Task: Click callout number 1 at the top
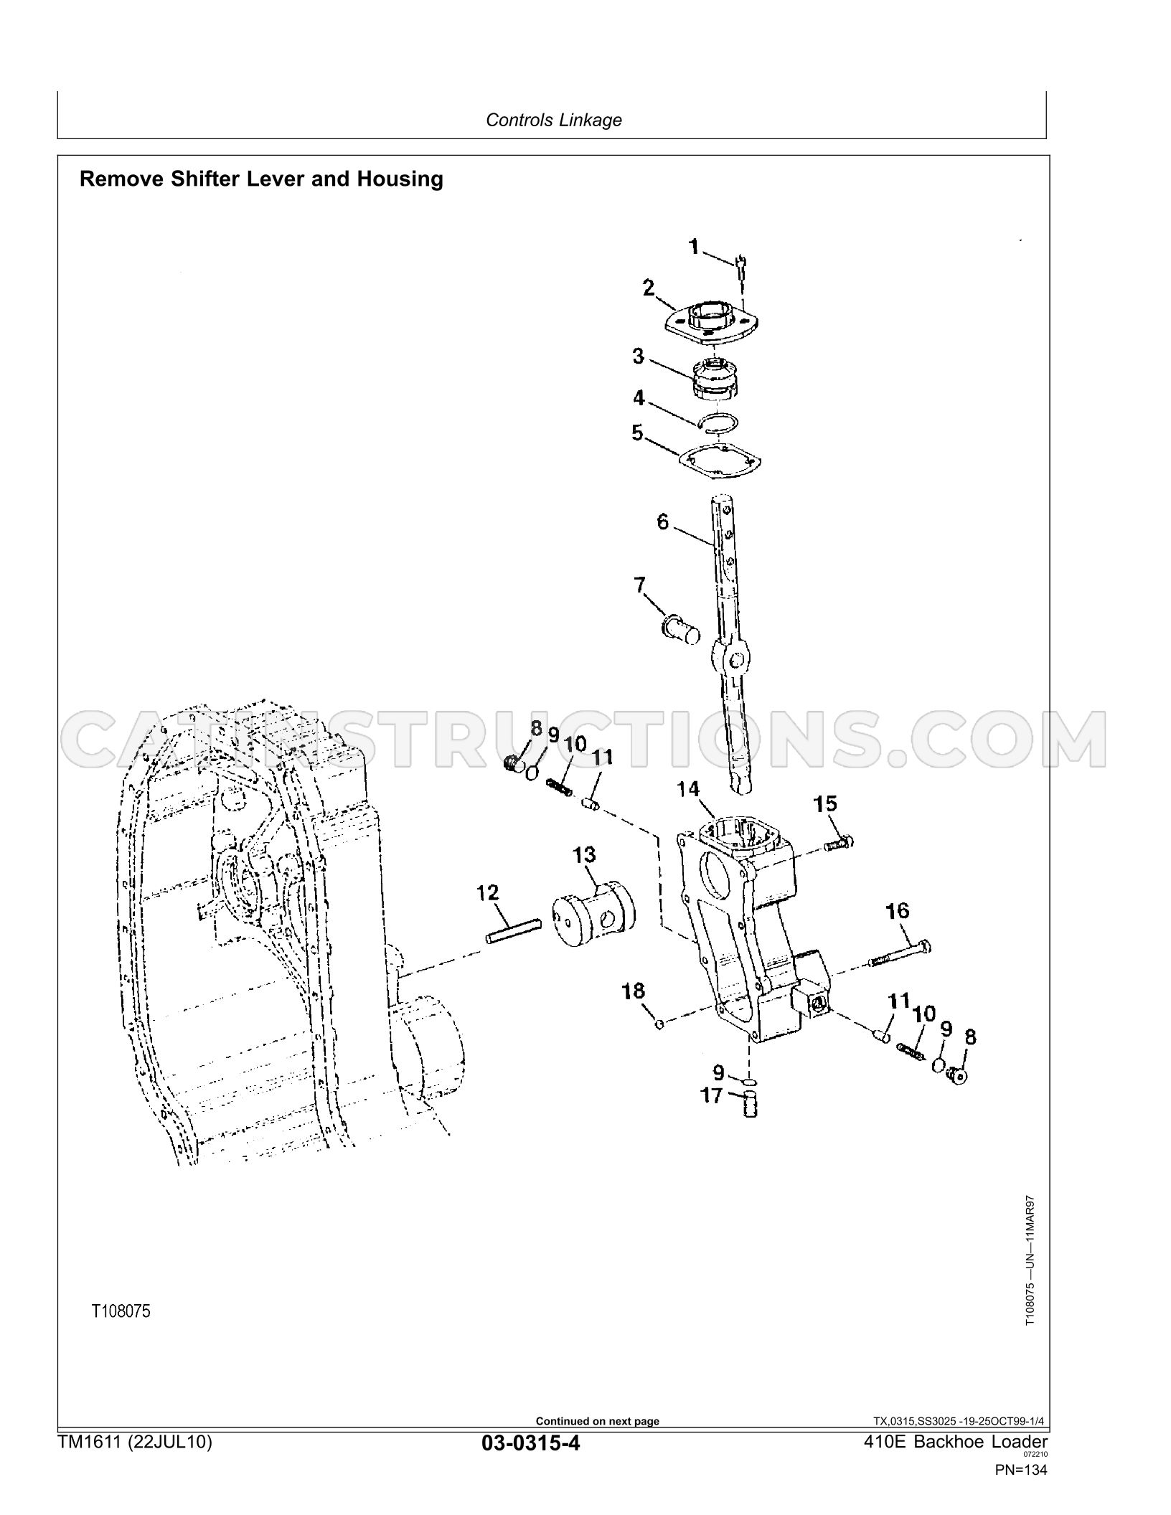point(694,248)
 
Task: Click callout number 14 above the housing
point(688,790)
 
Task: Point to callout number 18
point(634,991)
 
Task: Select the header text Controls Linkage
point(554,120)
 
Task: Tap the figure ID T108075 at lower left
point(121,1312)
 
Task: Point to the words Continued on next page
point(598,1421)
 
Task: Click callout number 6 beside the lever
point(662,521)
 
